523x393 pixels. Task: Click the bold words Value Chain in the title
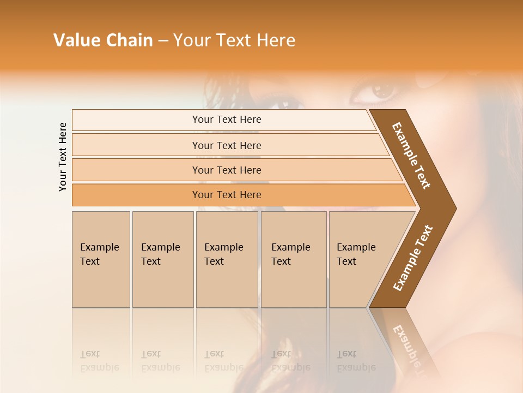tap(103, 40)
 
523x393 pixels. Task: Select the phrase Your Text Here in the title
tap(234, 40)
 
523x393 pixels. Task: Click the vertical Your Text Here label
tap(63, 157)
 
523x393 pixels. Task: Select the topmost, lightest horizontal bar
tap(227, 120)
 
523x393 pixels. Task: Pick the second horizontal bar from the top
tap(227, 145)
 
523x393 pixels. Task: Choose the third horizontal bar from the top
tap(227, 170)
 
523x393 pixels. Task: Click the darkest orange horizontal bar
tap(227, 195)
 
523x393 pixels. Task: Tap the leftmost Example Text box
tap(101, 259)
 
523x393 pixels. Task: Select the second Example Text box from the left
tap(162, 259)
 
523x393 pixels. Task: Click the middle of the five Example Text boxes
tap(227, 259)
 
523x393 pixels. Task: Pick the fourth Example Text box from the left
tap(293, 259)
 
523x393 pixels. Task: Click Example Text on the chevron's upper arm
tap(411, 156)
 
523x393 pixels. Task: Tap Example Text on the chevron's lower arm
tap(413, 258)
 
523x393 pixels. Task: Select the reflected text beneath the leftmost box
tap(99, 361)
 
